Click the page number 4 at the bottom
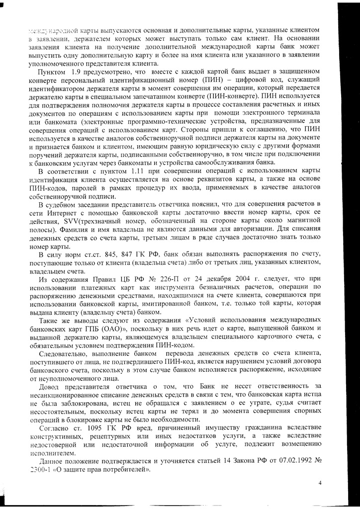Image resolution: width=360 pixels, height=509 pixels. pyautogui.click(x=320, y=482)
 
